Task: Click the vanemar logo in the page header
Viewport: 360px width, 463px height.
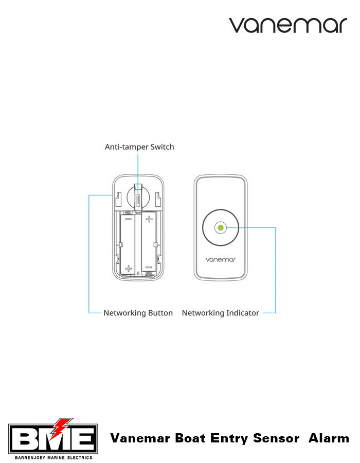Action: (288, 25)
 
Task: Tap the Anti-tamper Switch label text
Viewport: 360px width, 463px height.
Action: (139, 147)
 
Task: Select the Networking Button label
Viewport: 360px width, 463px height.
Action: (138, 313)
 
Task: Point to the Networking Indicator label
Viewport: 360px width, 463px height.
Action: (221, 313)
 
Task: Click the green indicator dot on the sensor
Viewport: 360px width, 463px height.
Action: (220, 227)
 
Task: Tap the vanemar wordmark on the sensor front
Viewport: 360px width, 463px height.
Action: (220, 260)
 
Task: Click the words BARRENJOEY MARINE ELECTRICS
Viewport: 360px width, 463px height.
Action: (53, 457)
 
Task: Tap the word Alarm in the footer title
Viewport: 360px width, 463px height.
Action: (329, 439)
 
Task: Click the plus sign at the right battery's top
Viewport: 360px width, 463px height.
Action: (149, 220)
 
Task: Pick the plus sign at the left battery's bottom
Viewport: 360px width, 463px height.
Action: (128, 268)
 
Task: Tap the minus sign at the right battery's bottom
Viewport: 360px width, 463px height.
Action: (149, 268)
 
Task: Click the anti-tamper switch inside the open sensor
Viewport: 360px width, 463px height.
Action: (138, 195)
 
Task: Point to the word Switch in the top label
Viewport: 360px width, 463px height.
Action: (162, 147)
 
